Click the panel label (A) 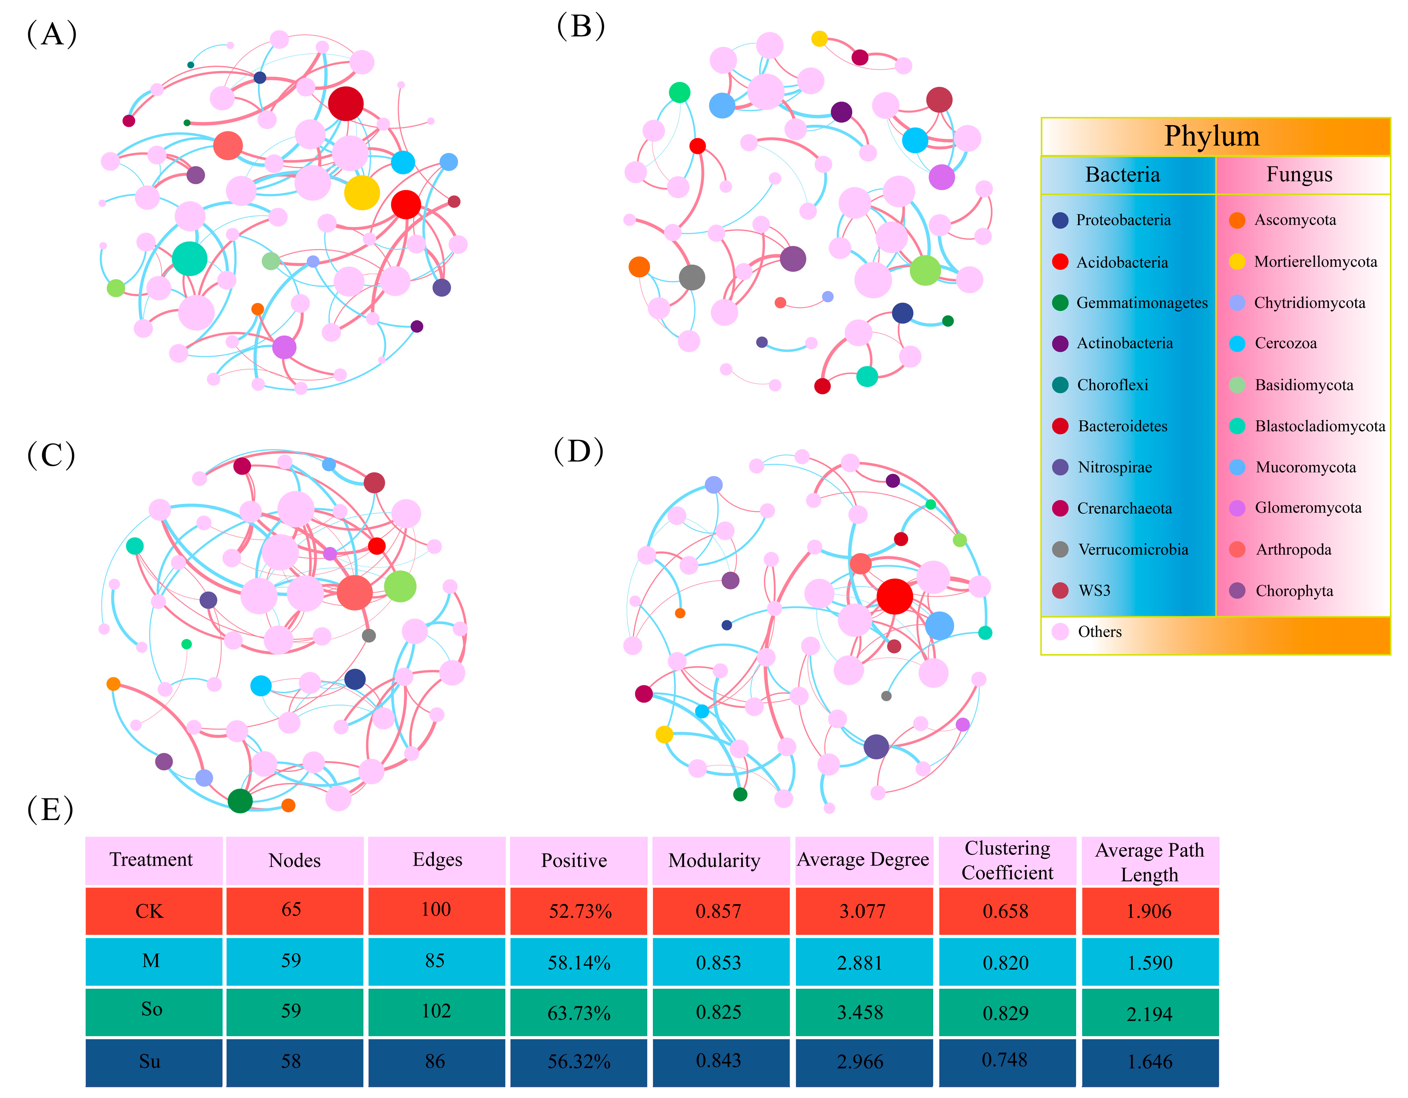point(52,34)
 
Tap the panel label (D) point(578,451)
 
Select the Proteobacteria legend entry point(1123,220)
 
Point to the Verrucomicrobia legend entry point(1132,550)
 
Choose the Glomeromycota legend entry point(1307,508)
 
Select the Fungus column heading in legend point(1299,175)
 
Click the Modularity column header point(714,861)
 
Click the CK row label point(150,911)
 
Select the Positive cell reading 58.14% point(579,962)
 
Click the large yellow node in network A point(362,193)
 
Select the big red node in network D point(894,597)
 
